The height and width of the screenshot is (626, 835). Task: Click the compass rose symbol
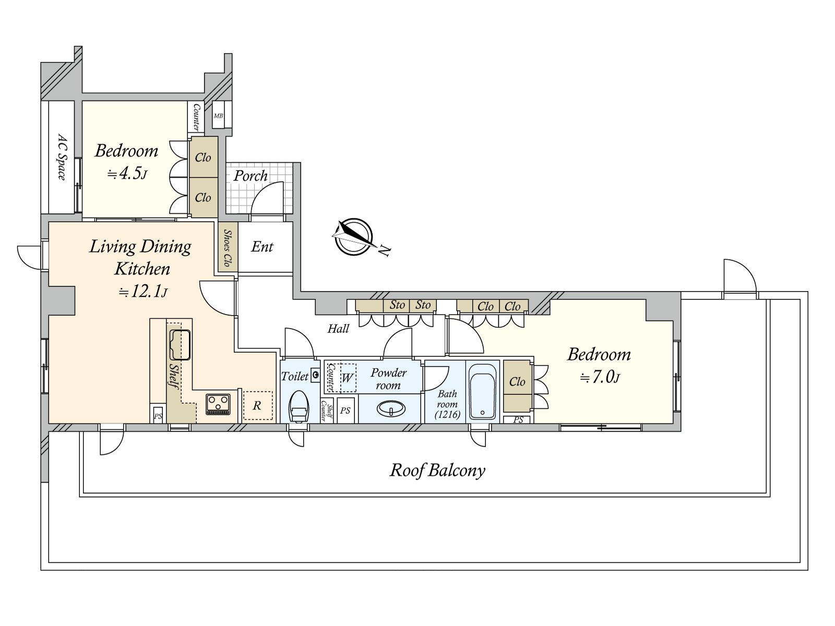click(x=354, y=237)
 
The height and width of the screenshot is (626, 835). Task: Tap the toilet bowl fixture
click(x=299, y=407)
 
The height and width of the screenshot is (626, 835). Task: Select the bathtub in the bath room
click(x=482, y=392)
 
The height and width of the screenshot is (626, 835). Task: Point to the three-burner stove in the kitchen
click(x=218, y=404)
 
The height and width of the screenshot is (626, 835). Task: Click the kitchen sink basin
click(x=180, y=344)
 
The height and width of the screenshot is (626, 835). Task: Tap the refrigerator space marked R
click(x=257, y=405)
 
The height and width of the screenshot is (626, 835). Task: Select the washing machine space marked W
click(x=348, y=377)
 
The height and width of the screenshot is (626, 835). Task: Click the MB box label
click(x=218, y=116)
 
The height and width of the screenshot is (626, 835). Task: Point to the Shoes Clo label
click(x=228, y=247)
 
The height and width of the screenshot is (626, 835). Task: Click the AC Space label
click(x=62, y=158)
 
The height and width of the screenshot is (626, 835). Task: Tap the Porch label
click(x=250, y=176)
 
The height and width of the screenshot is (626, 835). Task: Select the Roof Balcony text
click(x=437, y=471)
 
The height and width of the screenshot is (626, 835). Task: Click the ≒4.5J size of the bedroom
click(x=127, y=174)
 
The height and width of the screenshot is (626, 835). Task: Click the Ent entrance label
click(x=262, y=247)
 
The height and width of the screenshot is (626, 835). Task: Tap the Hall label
click(x=338, y=329)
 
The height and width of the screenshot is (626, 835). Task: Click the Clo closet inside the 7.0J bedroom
click(x=517, y=382)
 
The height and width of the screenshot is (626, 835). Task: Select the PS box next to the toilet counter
click(x=345, y=411)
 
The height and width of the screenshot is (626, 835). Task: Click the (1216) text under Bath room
click(x=447, y=415)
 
